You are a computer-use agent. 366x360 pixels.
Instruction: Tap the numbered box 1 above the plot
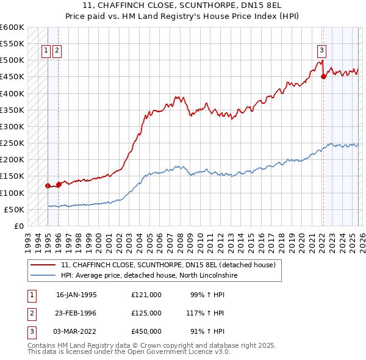coord(46,51)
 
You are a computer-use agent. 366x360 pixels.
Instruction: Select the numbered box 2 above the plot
coord(57,51)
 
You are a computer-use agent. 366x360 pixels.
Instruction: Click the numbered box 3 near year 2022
coord(321,51)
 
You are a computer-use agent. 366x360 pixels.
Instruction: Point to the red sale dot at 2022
coord(323,77)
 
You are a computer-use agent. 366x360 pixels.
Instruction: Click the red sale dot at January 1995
coord(48,185)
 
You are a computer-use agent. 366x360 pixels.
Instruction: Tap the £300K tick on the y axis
coord(12,126)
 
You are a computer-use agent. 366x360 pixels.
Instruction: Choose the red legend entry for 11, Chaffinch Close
coord(168,265)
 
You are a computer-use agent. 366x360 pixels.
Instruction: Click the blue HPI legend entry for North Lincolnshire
coord(149,276)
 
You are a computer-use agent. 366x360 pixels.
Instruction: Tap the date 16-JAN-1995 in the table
coord(76,295)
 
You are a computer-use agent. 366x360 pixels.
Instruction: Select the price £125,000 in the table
coord(146,313)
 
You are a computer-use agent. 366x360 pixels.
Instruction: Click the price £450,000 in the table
coord(146,331)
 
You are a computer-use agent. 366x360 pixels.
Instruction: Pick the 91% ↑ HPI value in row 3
coord(207,331)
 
